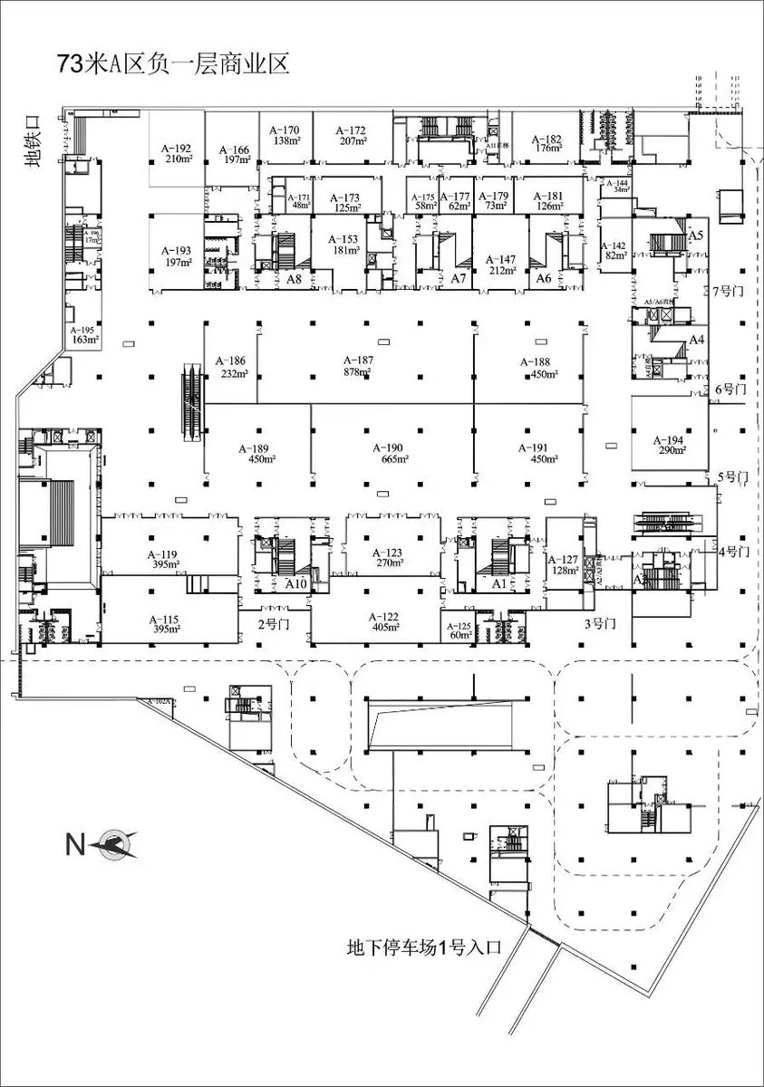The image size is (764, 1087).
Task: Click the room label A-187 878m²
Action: coord(358,365)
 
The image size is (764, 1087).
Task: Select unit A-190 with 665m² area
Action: coord(387,453)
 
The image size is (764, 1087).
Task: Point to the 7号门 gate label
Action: coord(728,292)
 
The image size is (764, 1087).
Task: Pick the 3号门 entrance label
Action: coord(600,624)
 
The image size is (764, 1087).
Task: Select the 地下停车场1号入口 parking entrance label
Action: coord(424,948)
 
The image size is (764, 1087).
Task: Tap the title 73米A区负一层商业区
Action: coord(172,64)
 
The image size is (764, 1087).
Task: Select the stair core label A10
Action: coord(295,584)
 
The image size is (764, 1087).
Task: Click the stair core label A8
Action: coord(294,280)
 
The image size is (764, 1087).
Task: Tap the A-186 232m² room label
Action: coord(231,365)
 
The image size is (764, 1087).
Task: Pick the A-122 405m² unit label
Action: coord(384,621)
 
